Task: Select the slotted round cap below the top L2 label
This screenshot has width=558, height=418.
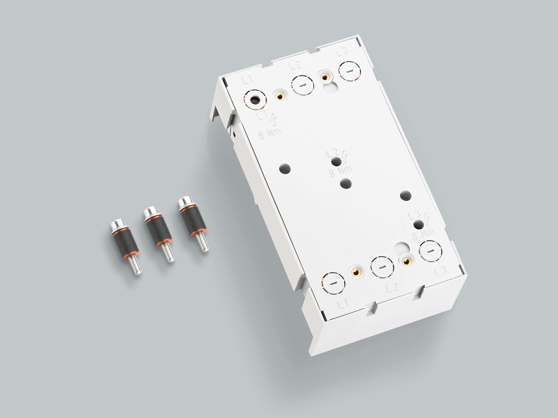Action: coord(302,85)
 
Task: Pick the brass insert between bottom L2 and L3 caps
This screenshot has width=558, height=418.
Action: coord(405,262)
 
